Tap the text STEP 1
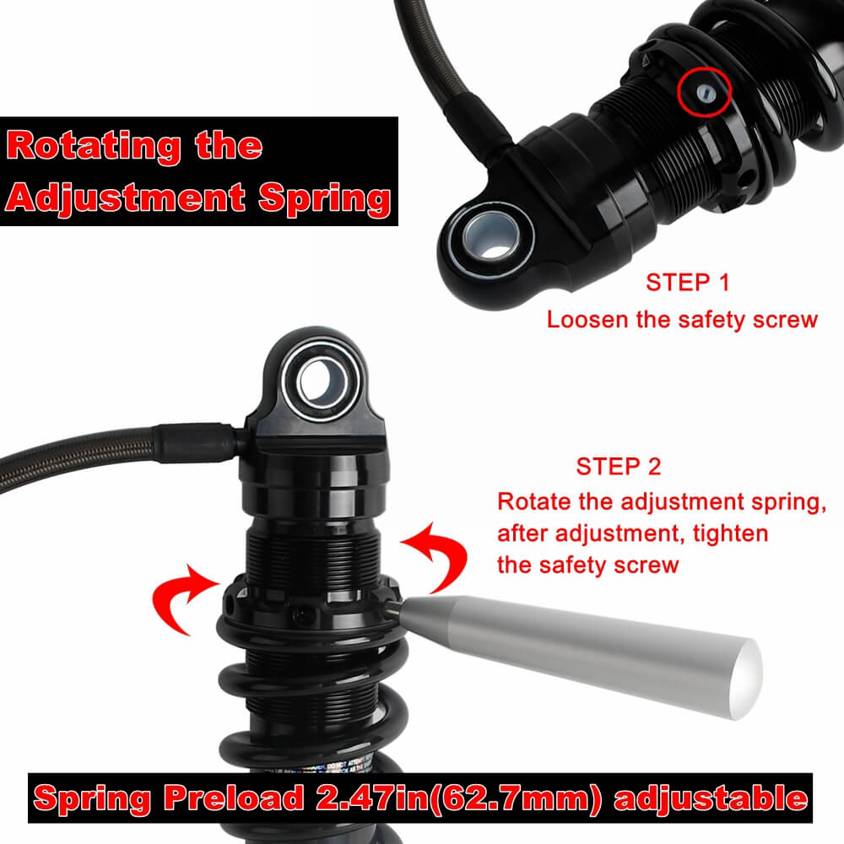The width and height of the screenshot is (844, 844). coord(687,283)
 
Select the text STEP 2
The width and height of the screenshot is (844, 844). coord(619,466)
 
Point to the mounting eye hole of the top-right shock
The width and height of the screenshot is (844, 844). coord(484,235)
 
